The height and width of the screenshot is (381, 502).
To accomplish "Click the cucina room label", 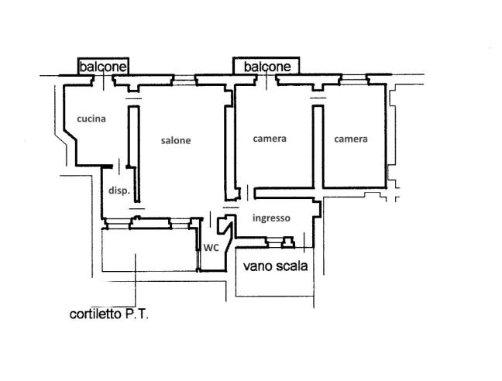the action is pos(91,118).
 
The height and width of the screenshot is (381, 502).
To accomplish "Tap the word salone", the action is pos(176,140).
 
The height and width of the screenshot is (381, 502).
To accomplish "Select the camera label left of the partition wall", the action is pos(270,139).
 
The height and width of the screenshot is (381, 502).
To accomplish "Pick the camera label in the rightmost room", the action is pos(351,139).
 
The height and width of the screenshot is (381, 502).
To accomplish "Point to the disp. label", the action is pos(119,190).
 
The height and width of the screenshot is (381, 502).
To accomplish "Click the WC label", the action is pos(211,248).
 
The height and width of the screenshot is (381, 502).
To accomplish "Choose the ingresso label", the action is pos(271,218).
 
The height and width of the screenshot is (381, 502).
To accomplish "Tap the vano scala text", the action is pos(275,266).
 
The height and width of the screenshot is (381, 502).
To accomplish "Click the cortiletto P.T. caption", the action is pos(109,314).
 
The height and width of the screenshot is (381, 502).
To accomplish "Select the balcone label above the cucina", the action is pos(103,67).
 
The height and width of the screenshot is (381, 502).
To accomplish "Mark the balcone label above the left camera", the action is pos(267,67).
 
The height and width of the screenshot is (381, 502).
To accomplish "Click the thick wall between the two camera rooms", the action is pos(318,146).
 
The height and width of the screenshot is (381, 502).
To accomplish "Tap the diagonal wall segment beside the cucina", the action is pos(70,135).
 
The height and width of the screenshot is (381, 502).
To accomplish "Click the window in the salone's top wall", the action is pos(184,80).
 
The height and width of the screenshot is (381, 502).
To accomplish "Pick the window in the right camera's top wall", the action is pos(354,79).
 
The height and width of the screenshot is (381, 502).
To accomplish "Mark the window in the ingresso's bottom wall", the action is pos(274,243).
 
